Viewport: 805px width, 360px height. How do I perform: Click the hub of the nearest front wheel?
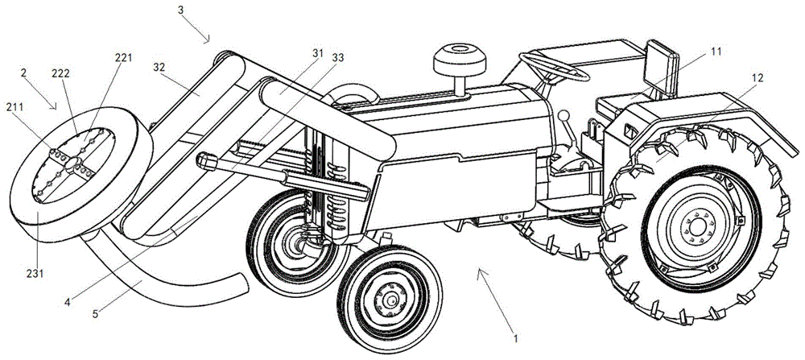click(391, 300)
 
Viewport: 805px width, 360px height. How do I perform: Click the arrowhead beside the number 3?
click(208, 39)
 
